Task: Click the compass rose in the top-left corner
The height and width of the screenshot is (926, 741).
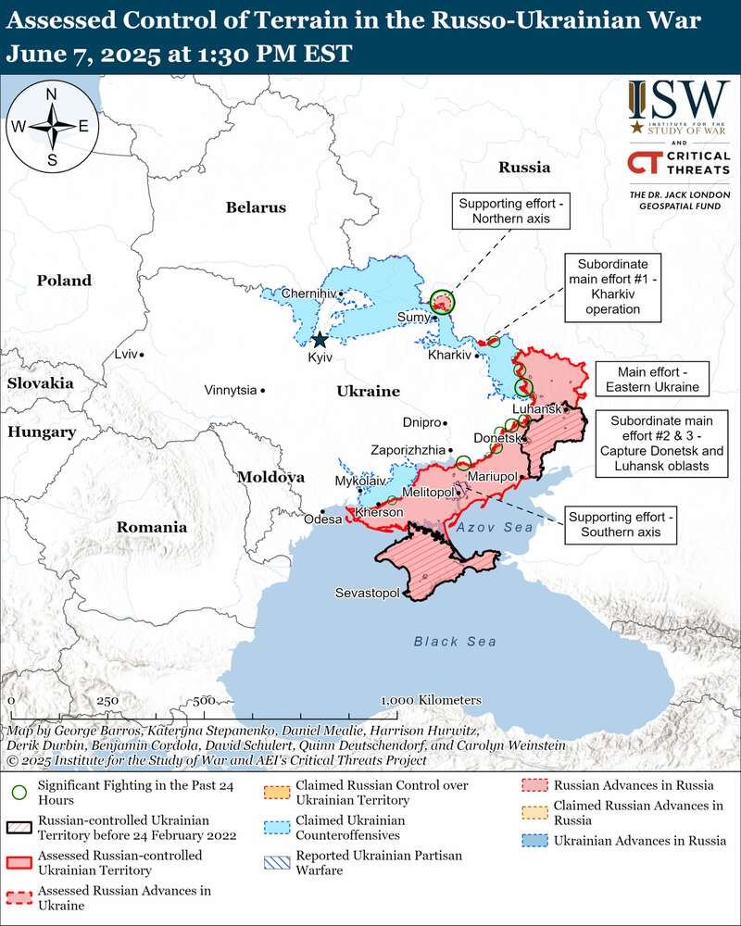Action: click(x=52, y=127)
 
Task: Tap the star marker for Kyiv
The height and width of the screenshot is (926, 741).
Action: click(x=320, y=340)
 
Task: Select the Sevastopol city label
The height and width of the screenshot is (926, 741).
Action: click(x=367, y=592)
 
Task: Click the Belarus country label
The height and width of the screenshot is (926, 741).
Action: click(x=256, y=207)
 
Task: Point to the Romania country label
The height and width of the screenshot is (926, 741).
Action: click(x=151, y=527)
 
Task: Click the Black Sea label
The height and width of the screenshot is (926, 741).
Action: click(x=455, y=641)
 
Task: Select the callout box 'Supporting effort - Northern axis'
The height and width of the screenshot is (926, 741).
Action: click(x=510, y=210)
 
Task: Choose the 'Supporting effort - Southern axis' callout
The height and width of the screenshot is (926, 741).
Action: click(x=622, y=524)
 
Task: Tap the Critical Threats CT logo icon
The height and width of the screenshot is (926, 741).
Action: click(x=645, y=162)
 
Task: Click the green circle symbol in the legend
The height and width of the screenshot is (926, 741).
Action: click(x=19, y=793)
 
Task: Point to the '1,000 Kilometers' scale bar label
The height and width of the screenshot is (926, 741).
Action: click(x=431, y=699)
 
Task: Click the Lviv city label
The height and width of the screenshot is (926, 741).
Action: click(x=124, y=354)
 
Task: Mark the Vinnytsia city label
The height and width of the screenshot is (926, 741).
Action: click(x=230, y=390)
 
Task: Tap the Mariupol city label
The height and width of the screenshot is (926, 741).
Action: click(x=492, y=476)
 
